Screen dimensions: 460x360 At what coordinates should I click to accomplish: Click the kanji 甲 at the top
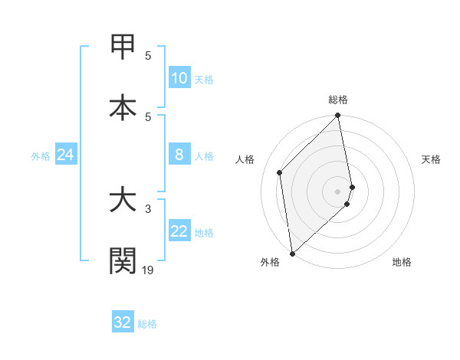point(123,47)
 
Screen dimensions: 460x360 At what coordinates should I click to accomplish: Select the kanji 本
point(123,106)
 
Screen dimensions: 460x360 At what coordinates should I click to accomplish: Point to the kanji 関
point(123,260)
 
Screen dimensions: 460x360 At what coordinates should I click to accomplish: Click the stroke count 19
point(148,270)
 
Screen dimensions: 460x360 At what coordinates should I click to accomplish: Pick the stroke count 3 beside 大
point(148,208)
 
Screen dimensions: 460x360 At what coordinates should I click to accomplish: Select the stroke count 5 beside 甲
point(148,55)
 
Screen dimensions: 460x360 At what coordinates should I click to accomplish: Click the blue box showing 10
point(179,78)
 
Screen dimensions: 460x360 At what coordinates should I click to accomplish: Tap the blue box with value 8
point(179,155)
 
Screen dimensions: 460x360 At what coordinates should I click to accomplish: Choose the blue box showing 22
point(179,231)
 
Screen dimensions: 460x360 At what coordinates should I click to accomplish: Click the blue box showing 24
point(65,155)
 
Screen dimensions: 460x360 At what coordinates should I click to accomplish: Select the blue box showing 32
point(122,322)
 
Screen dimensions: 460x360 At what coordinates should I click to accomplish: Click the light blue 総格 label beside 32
point(148,324)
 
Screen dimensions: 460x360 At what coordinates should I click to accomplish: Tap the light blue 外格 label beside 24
point(41,156)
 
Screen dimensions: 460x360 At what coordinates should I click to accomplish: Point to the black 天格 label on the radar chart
point(432,160)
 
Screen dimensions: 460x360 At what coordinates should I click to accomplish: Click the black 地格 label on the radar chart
point(402,263)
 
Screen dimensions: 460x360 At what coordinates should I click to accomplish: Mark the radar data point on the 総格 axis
point(338,116)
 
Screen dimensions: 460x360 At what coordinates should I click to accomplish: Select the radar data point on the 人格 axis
point(280,172)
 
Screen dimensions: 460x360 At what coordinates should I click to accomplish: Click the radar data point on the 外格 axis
point(292,254)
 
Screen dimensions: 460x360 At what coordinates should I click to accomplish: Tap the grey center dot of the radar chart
point(338,191)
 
